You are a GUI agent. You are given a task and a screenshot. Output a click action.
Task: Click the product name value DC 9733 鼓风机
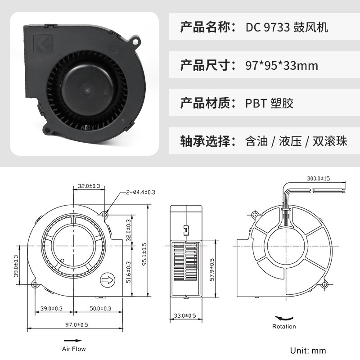click(287, 28)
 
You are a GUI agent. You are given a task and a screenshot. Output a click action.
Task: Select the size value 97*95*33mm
click(282, 66)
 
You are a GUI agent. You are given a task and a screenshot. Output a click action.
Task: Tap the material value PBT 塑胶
click(269, 103)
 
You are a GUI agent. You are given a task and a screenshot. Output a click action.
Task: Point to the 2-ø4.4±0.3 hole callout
click(140, 192)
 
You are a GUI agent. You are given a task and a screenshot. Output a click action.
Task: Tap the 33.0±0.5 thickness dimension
click(185, 316)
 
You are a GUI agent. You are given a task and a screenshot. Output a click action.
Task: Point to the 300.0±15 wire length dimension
click(319, 179)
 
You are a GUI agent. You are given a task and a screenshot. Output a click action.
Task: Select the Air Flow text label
click(73, 349)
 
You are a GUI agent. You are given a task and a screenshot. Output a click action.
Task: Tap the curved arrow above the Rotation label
click(283, 317)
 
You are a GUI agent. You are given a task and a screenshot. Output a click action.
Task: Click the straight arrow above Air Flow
click(73, 341)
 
